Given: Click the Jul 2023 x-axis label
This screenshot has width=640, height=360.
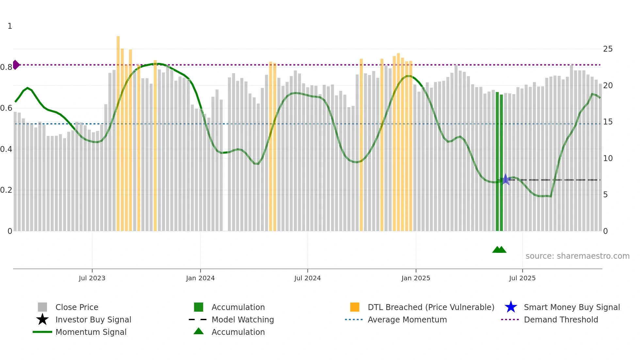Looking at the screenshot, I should click(92, 278).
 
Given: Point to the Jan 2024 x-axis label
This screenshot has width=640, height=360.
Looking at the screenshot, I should click(200, 278).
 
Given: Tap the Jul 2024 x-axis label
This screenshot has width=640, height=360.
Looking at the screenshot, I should click(307, 278).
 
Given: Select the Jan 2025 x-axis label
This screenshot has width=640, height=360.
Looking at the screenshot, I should click(416, 278).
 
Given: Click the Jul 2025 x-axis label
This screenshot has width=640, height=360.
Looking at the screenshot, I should click(522, 278).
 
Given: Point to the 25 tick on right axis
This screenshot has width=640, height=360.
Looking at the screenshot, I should click(608, 49).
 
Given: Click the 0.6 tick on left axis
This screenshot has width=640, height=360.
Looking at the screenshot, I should click(6, 108).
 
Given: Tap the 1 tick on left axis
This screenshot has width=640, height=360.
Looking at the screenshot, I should click(10, 26).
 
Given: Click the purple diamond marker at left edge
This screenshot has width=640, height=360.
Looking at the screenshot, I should click(16, 65).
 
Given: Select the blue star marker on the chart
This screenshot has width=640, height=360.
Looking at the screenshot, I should click(505, 180).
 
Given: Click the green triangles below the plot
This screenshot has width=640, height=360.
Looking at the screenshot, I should click(499, 250).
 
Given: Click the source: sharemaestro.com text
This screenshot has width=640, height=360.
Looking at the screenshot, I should click(577, 256).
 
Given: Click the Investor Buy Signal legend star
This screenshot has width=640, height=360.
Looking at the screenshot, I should click(42, 319).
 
